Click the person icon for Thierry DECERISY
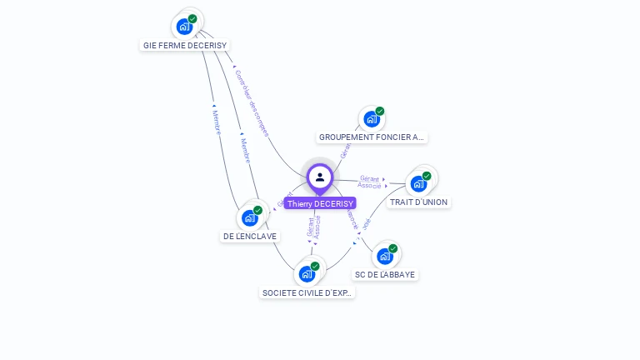320,177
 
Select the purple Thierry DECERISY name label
320,203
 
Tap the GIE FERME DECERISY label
185,45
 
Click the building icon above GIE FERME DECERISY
184,27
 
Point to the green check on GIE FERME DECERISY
192,18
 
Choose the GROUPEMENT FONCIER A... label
372,137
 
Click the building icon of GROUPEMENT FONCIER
372,118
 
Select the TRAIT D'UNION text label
418,202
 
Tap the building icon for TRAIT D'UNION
418,183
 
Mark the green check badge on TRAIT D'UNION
427,176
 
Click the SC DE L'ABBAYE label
384,274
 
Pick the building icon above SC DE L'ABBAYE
384,256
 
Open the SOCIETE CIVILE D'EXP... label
307,292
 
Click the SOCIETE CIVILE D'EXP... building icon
307,274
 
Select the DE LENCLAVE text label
250,236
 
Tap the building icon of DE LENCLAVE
249,218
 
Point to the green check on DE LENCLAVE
257,210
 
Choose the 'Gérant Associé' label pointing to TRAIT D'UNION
369,182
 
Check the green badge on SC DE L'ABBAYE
392,248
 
